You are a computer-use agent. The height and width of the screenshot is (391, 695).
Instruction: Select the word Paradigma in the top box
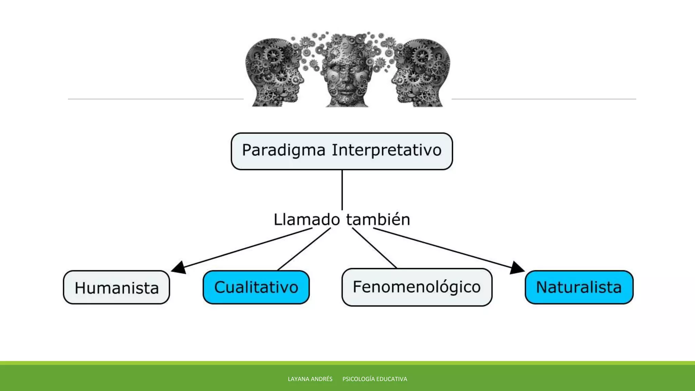[x=283, y=150]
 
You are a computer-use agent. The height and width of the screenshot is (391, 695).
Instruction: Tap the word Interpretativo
[x=387, y=150]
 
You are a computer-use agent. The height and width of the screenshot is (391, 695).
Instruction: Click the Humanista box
[x=116, y=287]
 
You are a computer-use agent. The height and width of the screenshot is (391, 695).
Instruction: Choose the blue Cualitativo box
[x=256, y=287]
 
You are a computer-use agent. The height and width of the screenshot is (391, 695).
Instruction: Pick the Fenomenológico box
[x=417, y=287]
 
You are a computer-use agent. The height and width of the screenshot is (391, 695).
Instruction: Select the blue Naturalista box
[x=579, y=287]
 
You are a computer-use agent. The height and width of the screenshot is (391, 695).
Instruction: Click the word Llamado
[x=306, y=220]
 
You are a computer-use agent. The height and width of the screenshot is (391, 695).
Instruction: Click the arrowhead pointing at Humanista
[x=179, y=268]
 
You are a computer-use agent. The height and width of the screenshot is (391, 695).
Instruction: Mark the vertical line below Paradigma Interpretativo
[x=342, y=190]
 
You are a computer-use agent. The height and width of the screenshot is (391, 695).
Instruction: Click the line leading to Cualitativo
[x=304, y=249]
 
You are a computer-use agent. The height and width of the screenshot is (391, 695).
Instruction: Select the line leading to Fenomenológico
[x=375, y=248]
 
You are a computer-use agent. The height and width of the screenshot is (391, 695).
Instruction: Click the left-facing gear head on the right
[x=422, y=73]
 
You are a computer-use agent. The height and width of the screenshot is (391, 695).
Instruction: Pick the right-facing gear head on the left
[x=273, y=73]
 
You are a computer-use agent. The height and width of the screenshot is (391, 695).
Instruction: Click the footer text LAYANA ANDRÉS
[x=310, y=379]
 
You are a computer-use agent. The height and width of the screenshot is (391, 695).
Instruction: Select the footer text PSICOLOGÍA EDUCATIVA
[x=375, y=379]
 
